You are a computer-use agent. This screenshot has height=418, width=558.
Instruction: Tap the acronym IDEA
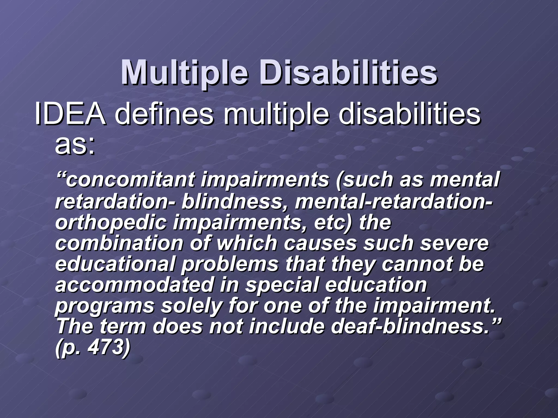(70, 114)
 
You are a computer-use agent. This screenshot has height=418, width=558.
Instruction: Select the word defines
(164, 114)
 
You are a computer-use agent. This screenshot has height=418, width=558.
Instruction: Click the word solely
(191, 306)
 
